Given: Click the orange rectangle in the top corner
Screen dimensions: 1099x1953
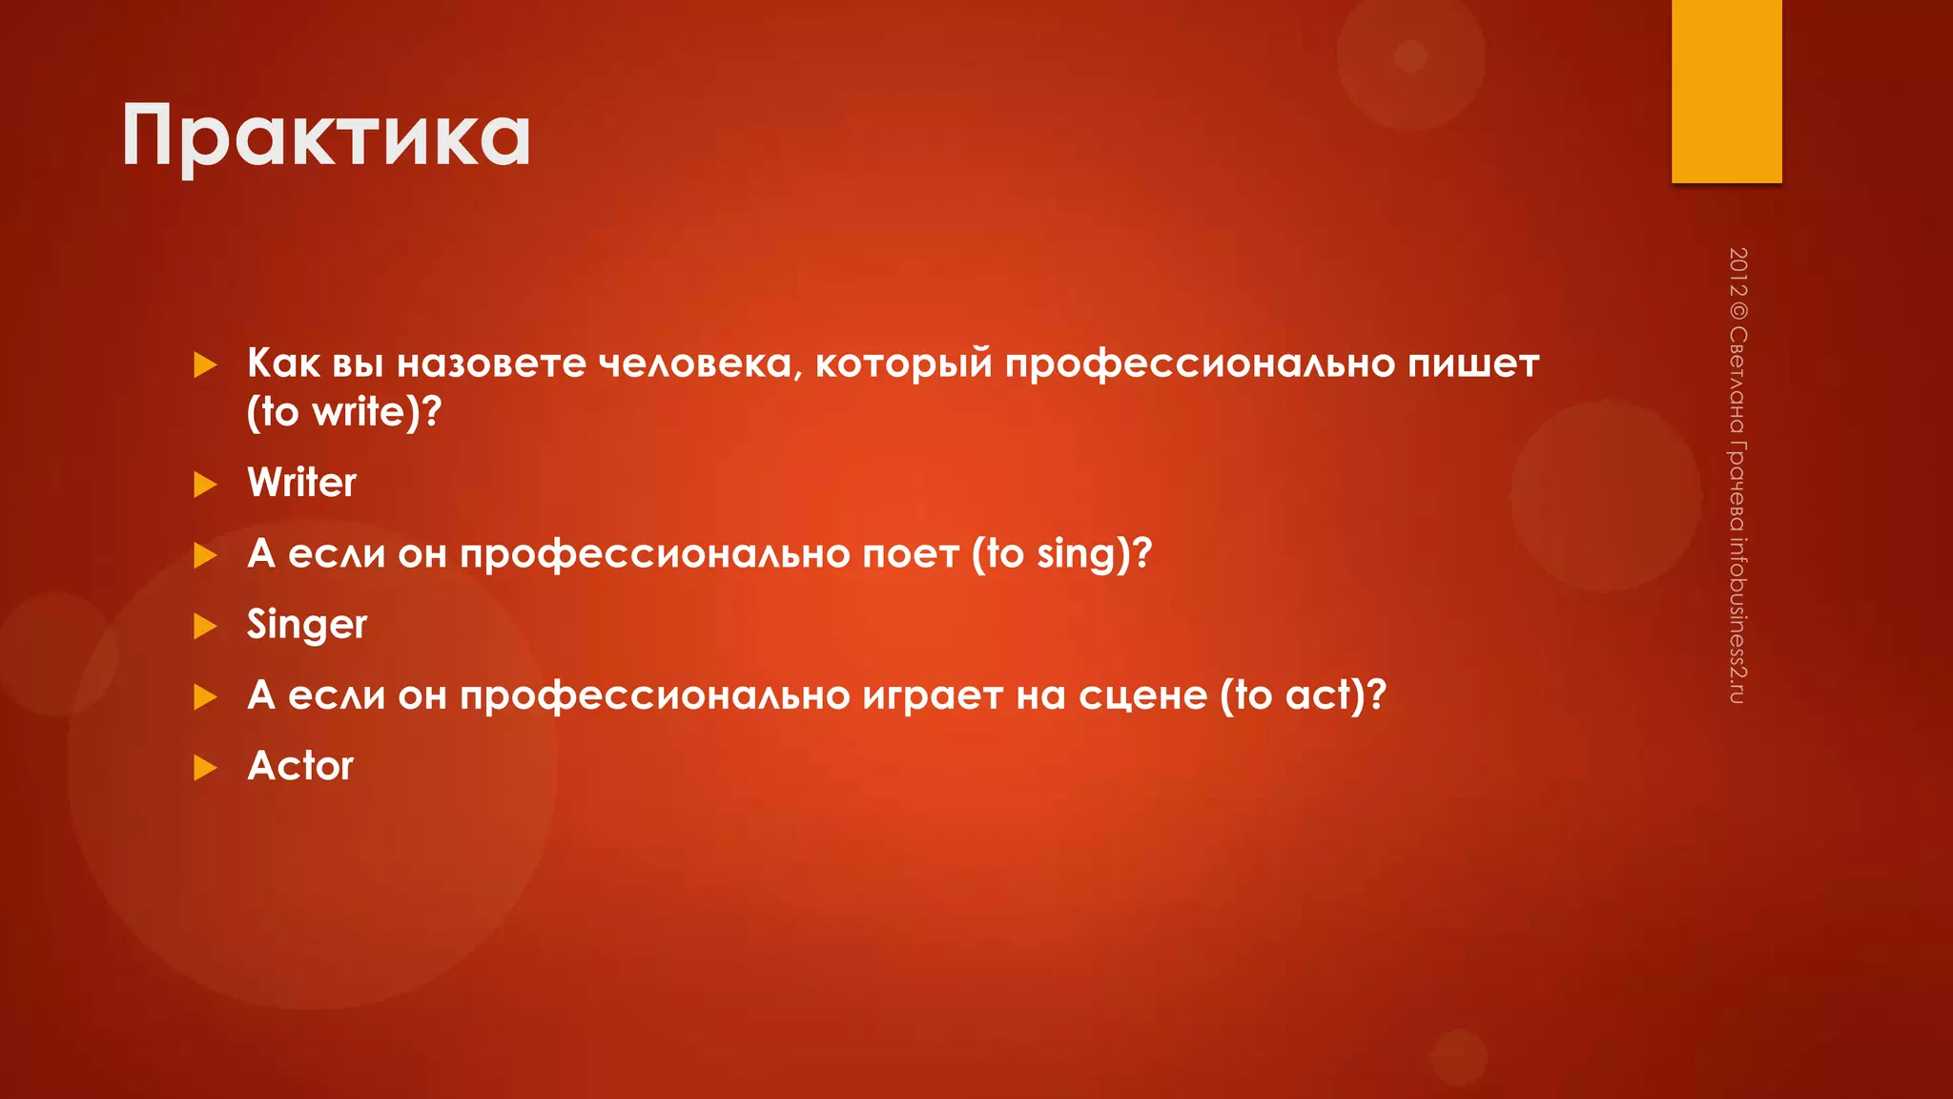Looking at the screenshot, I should click(1726, 91).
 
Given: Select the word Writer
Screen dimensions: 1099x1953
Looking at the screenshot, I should click(301, 483).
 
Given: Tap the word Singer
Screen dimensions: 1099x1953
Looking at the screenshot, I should click(306, 626).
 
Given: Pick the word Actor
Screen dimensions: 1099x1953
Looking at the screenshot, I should click(300, 766).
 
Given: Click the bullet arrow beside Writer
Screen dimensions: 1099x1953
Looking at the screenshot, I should click(205, 485).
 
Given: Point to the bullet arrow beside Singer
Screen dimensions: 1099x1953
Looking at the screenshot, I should click(205, 626).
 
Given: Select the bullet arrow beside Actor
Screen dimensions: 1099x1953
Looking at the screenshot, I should click(205, 767).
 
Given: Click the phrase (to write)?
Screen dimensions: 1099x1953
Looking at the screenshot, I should click(344, 412).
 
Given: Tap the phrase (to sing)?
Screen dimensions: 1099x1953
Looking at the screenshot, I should click(1061, 553).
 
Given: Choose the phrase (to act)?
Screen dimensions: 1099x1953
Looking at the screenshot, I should click(1303, 695).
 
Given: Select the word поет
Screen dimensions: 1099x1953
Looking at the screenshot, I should click(911, 554).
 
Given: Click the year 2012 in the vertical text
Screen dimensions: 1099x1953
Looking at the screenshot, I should click(1737, 271).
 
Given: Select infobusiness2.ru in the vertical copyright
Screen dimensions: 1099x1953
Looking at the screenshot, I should click(1737, 620).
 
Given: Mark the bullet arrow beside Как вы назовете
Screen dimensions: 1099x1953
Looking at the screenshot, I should click(205, 364).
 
